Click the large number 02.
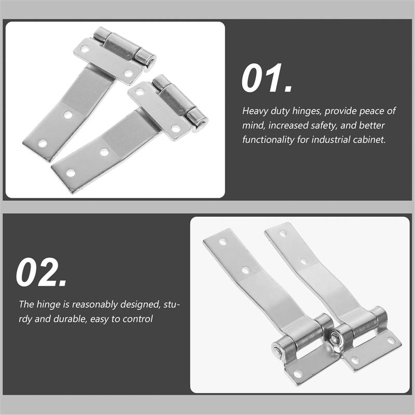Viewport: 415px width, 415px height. click(x=41, y=273)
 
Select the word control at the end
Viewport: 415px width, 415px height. click(x=137, y=319)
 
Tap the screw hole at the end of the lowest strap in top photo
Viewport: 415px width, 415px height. click(x=71, y=172)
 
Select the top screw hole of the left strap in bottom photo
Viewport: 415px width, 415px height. click(x=223, y=242)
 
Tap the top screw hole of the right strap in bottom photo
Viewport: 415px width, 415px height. click(x=283, y=233)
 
